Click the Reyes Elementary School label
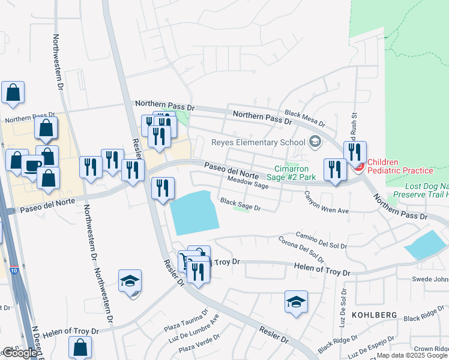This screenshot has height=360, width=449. (x=258, y=142)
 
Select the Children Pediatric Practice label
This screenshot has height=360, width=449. (x=400, y=166)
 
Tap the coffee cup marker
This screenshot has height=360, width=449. (x=32, y=166)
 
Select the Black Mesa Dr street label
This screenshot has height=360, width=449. (x=304, y=118)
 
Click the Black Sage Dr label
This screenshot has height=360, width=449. (x=240, y=205)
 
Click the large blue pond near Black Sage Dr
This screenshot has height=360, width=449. (x=193, y=214)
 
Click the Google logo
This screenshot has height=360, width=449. (x=20, y=353)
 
